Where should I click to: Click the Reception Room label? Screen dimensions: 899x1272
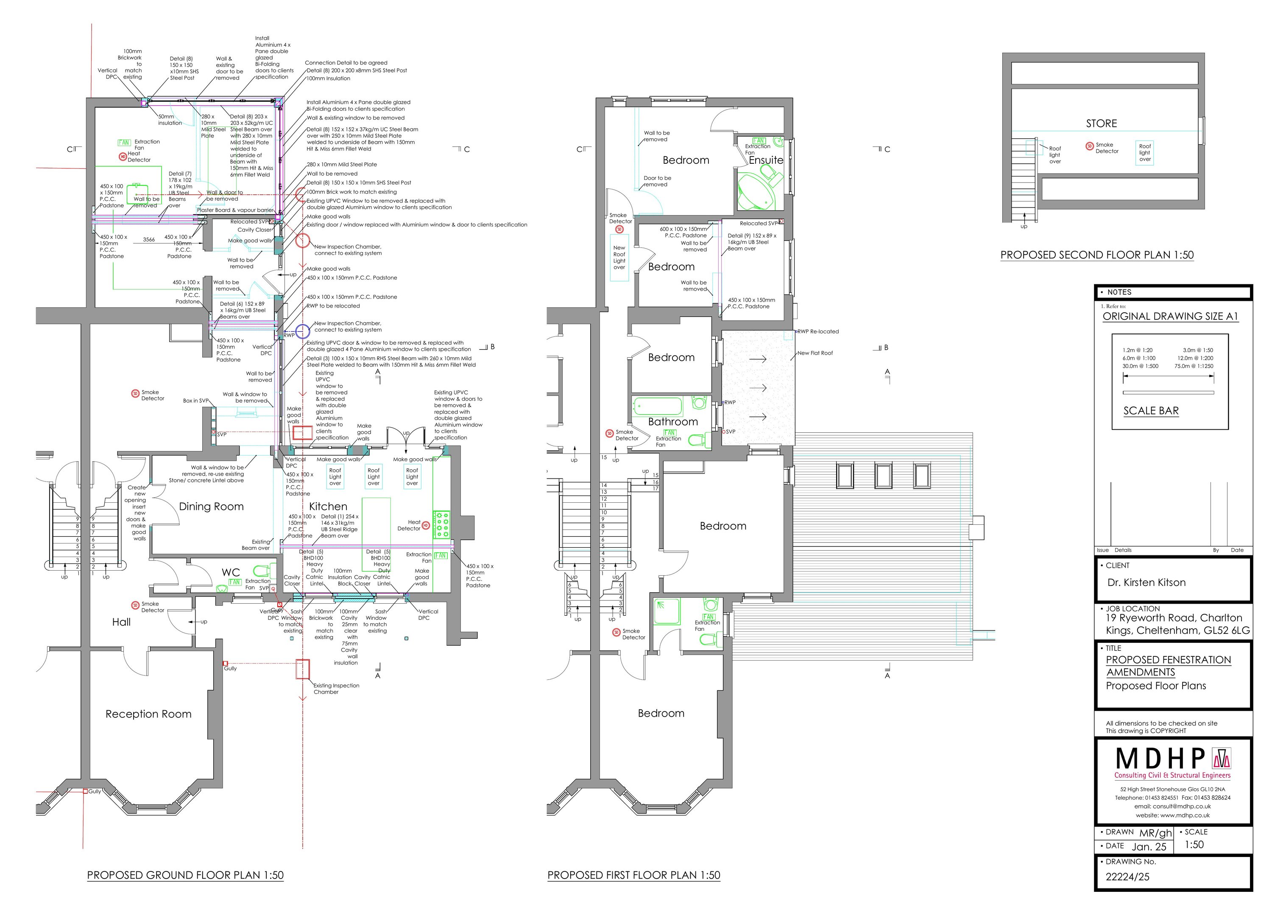148,714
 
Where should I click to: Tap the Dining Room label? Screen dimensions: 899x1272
211,507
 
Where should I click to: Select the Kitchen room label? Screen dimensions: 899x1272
328,507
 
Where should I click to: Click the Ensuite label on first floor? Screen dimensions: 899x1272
766,160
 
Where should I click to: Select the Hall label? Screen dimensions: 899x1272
121,622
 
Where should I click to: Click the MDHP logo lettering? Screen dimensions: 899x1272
1160,759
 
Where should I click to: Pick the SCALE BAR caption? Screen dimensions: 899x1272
1151,411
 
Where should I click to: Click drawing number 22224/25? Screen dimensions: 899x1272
1127,877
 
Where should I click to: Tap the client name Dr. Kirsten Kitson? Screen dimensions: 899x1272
1146,583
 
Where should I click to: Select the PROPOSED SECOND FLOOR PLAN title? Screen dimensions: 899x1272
1096,255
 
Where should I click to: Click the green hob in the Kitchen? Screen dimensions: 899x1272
441,524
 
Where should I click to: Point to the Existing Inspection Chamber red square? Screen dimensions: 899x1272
302,669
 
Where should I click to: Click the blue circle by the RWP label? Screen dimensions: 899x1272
302,331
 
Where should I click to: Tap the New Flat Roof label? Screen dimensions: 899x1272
815,353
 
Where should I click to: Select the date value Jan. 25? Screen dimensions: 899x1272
1149,847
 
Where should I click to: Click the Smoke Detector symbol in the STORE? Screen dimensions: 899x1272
1089,146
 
